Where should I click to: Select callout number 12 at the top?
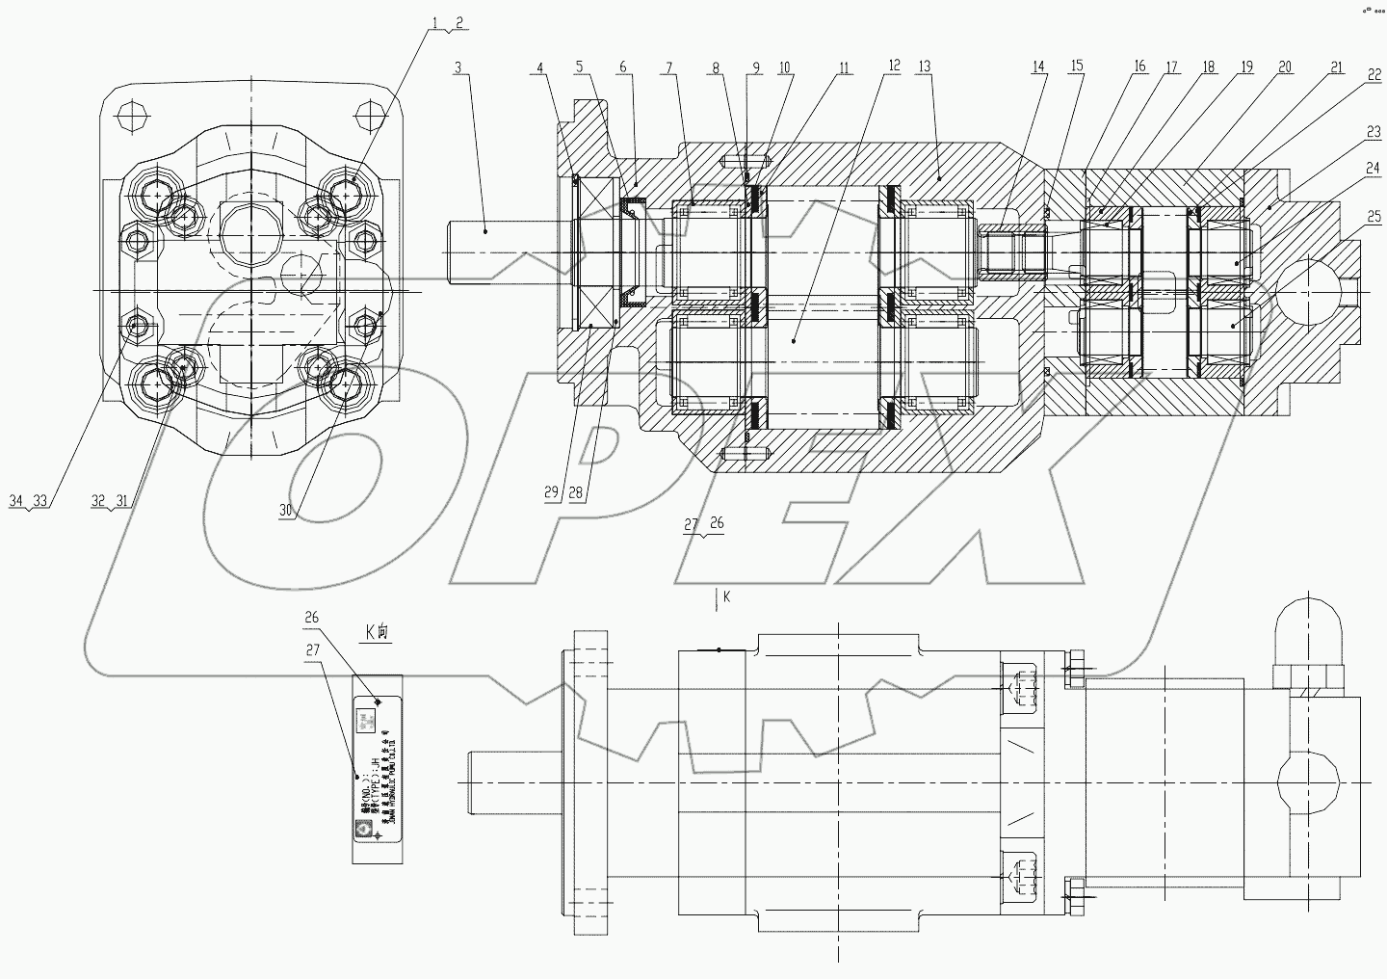[894, 66]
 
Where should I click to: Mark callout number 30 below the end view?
[286, 511]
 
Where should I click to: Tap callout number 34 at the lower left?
[16, 500]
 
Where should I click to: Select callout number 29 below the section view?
[551, 492]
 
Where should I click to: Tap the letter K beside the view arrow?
[726, 596]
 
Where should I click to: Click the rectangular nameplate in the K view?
[376, 771]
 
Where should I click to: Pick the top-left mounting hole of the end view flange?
[128, 117]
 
